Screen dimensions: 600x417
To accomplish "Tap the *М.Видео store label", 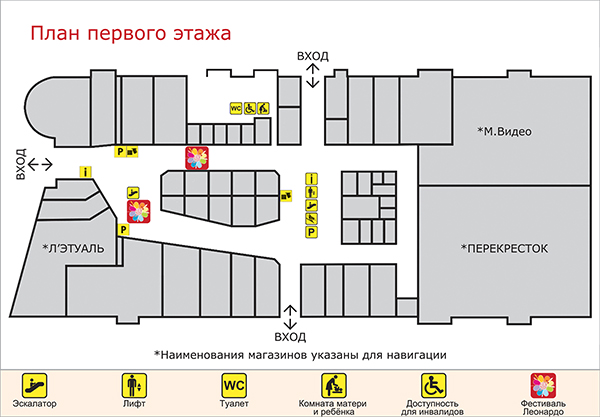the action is [504, 132].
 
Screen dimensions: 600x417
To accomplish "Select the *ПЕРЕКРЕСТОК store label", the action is [504, 249].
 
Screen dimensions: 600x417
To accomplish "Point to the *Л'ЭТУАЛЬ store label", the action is [73, 249].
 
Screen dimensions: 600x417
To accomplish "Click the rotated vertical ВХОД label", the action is [21, 164].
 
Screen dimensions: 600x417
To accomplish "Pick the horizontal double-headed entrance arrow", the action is [40, 165].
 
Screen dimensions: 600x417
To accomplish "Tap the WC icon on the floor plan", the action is [236, 109].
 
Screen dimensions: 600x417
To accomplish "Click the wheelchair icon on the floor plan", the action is [249, 109].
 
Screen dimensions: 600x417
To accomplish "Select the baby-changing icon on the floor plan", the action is [263, 109].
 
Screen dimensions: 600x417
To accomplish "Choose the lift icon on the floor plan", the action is [311, 192].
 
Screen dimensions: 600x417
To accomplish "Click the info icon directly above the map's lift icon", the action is [311, 179].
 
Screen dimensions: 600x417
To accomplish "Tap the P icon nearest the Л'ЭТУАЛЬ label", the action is [123, 230].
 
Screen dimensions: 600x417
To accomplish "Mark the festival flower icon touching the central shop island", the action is [197, 158].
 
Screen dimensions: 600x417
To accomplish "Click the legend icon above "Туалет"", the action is [234, 386].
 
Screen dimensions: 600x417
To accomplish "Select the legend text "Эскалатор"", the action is [34, 404].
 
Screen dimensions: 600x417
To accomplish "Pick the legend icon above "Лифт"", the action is [134, 386].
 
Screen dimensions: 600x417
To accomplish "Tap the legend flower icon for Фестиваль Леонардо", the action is [543, 385].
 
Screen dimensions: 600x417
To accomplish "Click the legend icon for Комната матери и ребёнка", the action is [334, 386].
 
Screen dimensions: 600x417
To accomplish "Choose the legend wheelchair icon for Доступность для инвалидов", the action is [434, 386].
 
